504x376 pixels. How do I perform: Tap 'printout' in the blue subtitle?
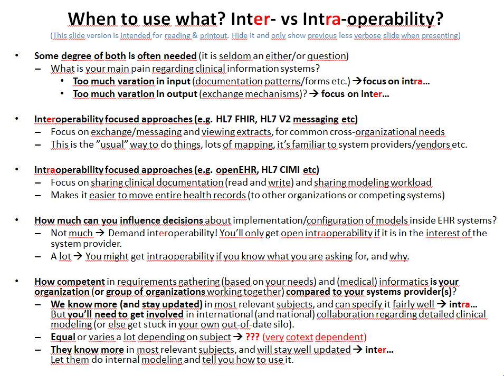214,35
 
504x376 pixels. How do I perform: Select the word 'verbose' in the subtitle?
367,35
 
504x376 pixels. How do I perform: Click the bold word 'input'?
178,82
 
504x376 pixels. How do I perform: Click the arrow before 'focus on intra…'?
357,81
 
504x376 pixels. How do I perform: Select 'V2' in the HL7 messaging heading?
285,119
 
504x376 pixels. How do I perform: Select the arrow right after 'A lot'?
78,256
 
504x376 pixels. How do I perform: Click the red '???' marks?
252,337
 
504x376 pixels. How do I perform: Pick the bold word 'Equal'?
63,337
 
